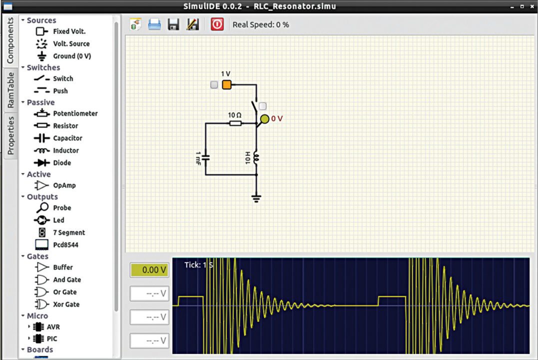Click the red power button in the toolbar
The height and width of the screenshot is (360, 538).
click(217, 24)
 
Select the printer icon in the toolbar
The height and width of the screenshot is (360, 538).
click(154, 24)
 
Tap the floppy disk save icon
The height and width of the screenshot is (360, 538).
click(173, 24)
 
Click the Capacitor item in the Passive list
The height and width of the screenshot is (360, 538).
click(67, 138)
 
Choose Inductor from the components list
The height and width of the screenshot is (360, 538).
click(66, 150)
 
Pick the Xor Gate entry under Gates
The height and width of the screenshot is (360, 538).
click(66, 304)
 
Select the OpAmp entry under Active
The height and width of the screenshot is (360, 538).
click(64, 185)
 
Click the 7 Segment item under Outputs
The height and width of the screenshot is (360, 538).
click(68, 232)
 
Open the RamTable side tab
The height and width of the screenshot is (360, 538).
click(10, 90)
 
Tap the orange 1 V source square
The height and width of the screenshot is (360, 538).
click(226, 84)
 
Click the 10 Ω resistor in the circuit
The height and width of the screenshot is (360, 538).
click(235, 122)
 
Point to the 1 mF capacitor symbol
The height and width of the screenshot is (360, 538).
click(206, 157)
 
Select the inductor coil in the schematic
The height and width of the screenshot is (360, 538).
click(256, 157)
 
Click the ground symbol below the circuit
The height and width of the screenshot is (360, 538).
click(256, 198)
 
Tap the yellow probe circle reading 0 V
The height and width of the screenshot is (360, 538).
click(264, 119)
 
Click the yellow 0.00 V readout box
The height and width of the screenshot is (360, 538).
click(149, 270)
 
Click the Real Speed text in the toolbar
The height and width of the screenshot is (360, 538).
click(260, 24)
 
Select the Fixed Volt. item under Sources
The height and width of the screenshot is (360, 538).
click(69, 31)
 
